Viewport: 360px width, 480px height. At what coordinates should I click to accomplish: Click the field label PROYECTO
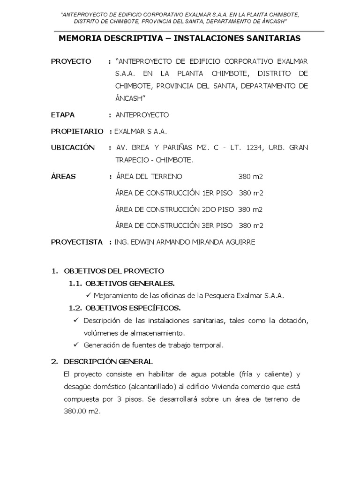pyautogui.click(x=71, y=61)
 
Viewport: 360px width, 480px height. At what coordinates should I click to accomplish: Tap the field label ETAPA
pyautogui.click(x=63, y=115)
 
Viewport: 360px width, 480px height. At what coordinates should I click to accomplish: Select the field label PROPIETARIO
pyautogui.click(x=77, y=131)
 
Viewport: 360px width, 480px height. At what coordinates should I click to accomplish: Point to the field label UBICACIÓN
pyautogui.click(x=73, y=148)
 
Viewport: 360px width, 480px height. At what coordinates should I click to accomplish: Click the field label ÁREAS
pyautogui.click(x=63, y=177)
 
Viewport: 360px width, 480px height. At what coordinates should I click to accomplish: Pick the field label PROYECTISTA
pyautogui.click(x=77, y=242)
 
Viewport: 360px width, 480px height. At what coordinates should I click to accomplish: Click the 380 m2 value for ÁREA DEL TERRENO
pyautogui.click(x=251, y=177)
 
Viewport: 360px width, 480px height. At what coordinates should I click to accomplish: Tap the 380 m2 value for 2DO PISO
pyautogui.click(x=251, y=209)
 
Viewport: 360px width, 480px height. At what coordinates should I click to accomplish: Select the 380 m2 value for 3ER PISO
pyautogui.click(x=251, y=225)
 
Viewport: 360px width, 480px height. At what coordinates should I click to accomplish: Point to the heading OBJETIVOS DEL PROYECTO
pyautogui.click(x=113, y=271)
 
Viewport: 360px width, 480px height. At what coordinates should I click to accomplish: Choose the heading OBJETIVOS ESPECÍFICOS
pyautogui.click(x=133, y=307)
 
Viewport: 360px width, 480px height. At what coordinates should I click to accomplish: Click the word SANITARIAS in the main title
pyautogui.click(x=275, y=39)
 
